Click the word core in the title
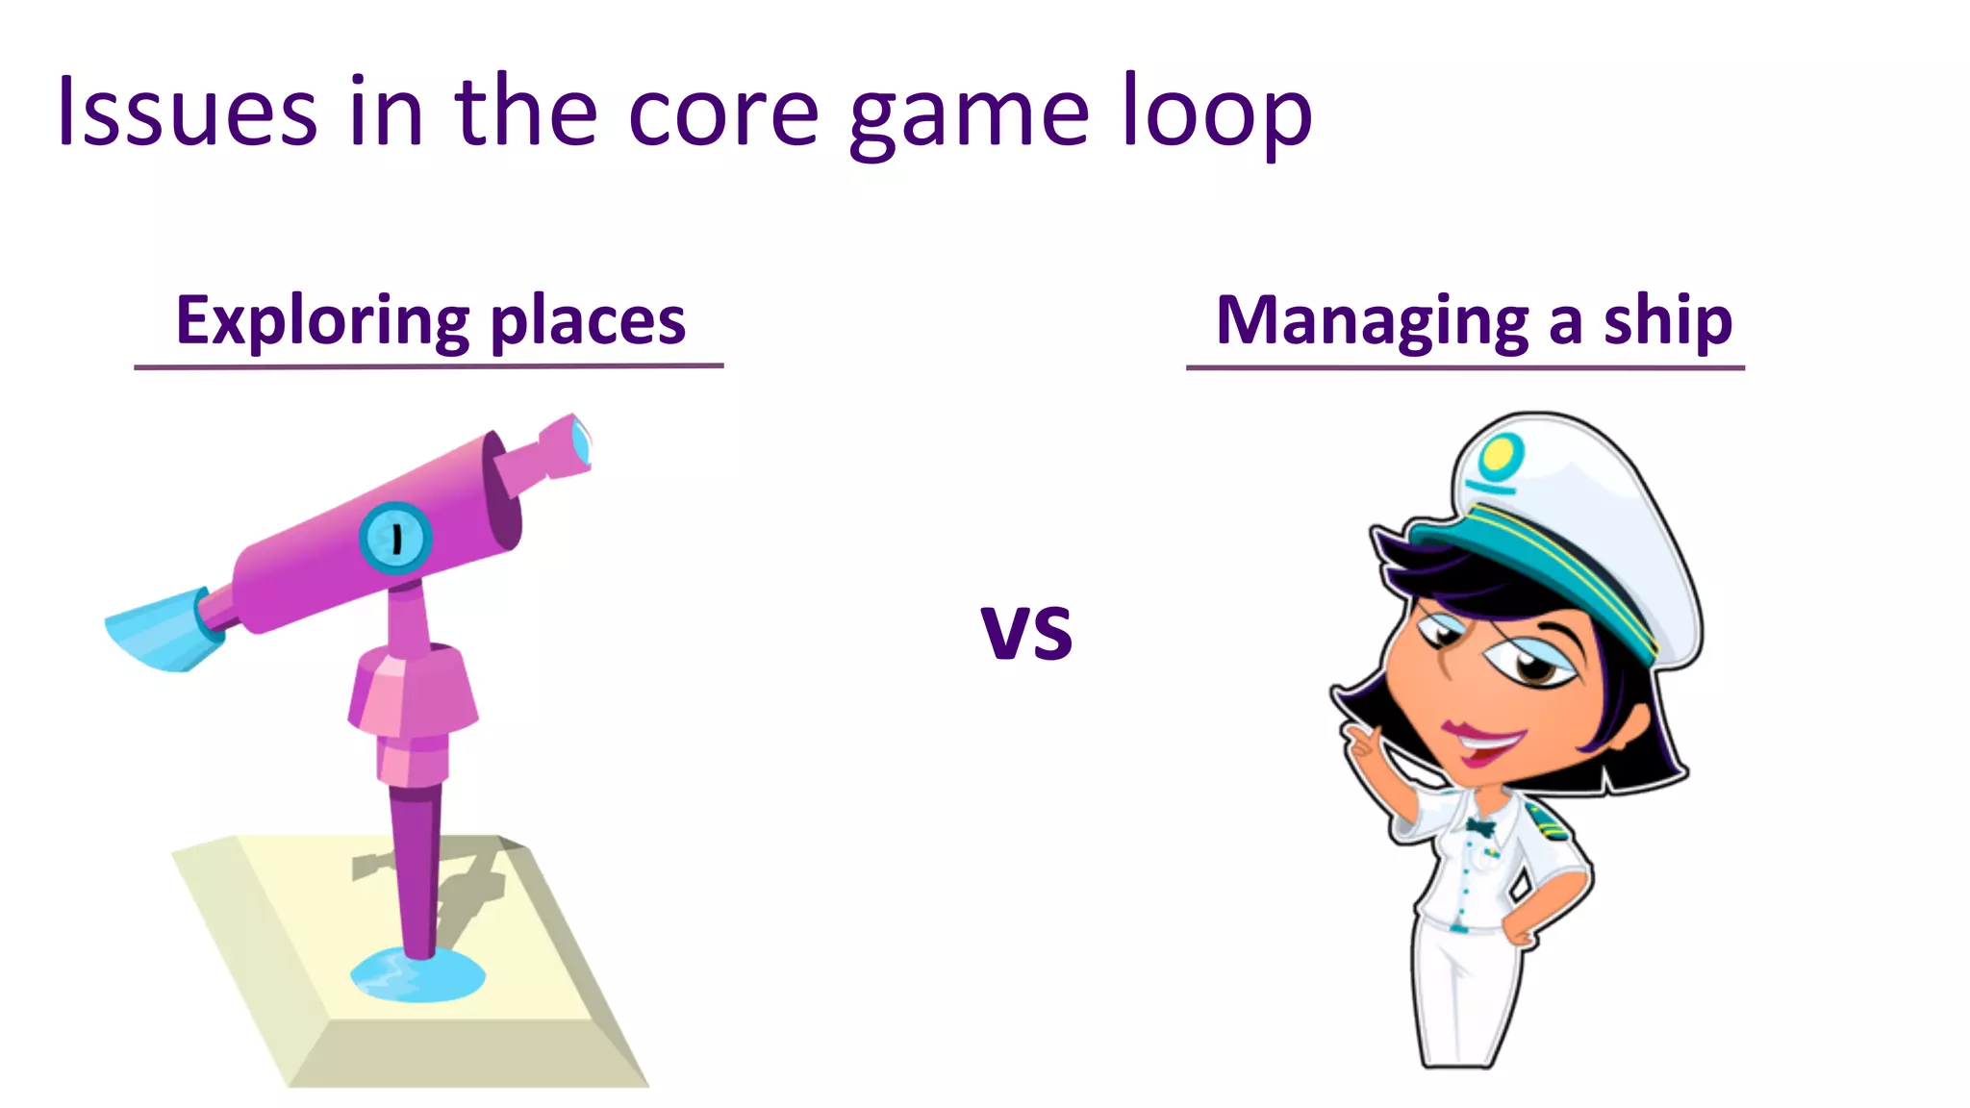[723, 113]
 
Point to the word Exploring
[323, 321]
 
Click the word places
[588, 321]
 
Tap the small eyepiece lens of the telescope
[581, 441]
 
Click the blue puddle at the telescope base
[417, 975]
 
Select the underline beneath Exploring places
[429, 366]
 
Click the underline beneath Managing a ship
[1465, 367]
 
